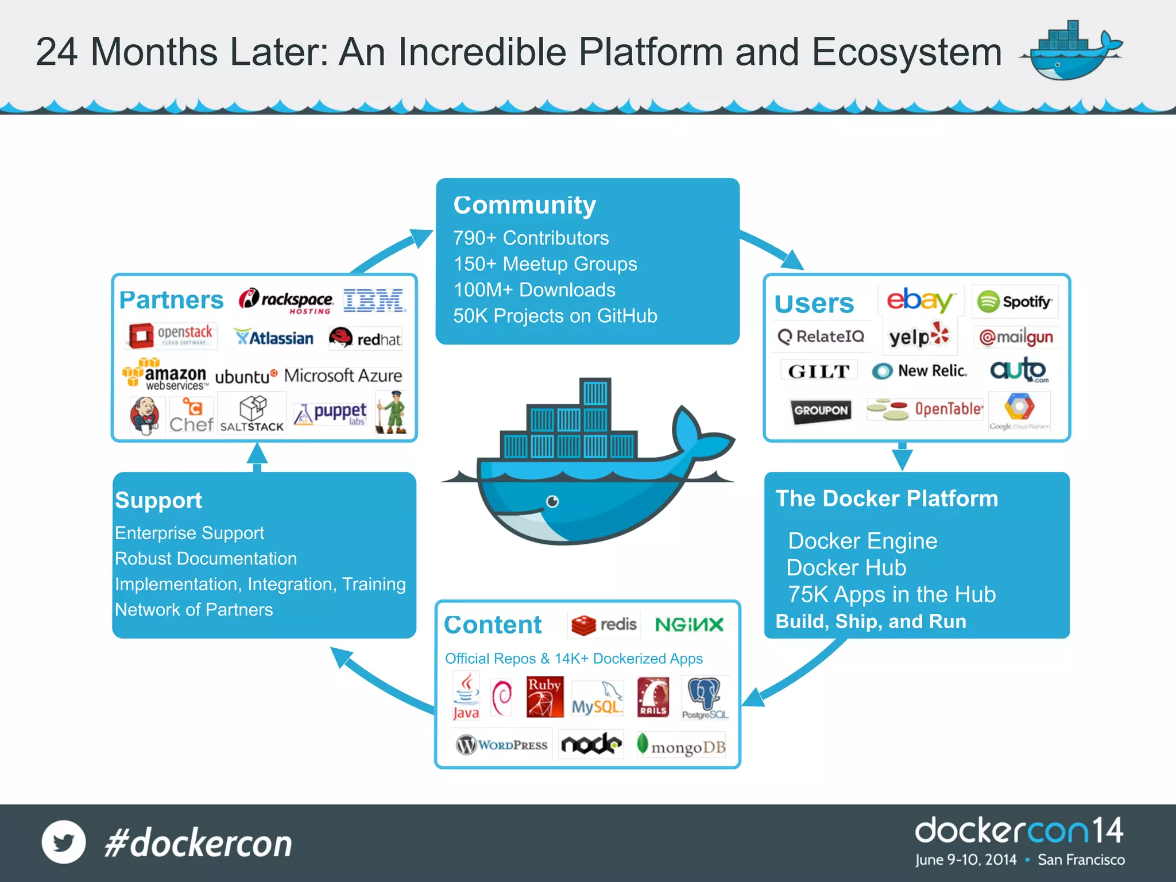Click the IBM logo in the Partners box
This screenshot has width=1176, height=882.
point(374,300)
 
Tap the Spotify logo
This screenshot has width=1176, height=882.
point(1015,301)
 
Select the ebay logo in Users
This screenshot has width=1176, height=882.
point(920,300)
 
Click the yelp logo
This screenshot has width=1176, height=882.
point(919,336)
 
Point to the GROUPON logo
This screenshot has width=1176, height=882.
point(821,411)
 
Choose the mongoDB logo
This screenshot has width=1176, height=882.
point(682,746)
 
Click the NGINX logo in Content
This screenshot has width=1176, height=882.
point(689,625)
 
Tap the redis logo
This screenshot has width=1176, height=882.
point(604,625)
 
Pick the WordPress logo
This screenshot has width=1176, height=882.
point(502,745)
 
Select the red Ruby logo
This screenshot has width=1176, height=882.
point(544,697)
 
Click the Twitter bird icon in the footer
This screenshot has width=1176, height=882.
point(64,842)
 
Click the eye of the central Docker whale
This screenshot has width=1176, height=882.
point(552,501)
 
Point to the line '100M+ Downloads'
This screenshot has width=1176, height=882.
point(534,290)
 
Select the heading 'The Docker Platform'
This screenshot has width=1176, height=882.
point(887,498)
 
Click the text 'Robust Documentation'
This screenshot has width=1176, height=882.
point(206,559)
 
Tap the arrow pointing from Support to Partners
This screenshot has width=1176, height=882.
point(257,457)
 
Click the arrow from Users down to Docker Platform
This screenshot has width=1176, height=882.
point(902,457)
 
